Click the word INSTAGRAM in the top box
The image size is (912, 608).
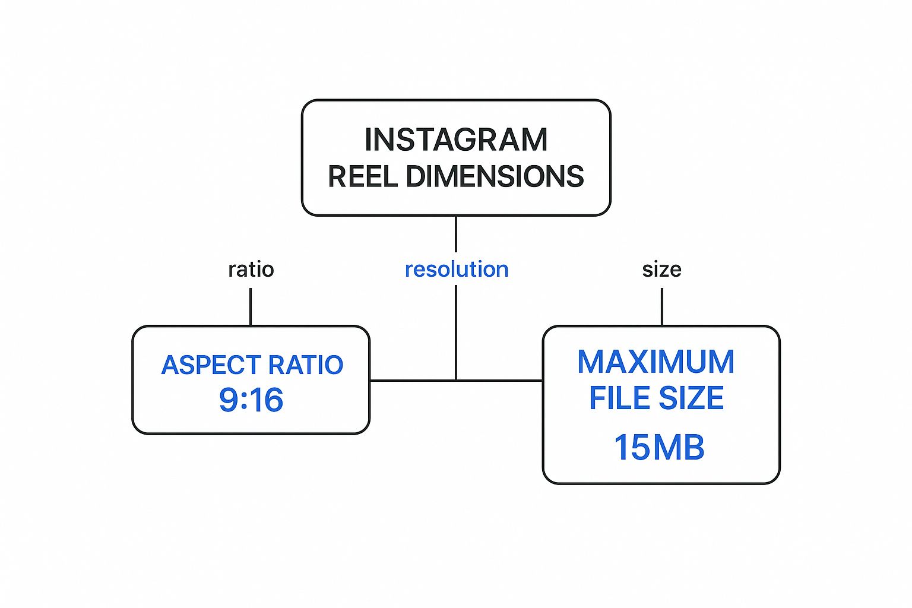(x=456, y=140)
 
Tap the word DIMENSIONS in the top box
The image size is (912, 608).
(x=495, y=176)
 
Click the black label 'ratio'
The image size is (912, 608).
(x=251, y=270)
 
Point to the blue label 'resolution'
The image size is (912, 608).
(x=456, y=270)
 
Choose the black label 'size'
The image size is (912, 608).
(x=661, y=270)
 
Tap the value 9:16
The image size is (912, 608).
(x=251, y=400)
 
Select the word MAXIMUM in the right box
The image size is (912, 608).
(x=655, y=362)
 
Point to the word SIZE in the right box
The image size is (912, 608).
(x=691, y=398)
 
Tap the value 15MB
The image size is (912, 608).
(x=659, y=447)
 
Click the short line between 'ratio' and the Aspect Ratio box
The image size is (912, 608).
(x=251, y=306)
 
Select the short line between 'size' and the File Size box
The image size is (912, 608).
(x=662, y=306)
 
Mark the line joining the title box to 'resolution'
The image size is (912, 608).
(x=456, y=234)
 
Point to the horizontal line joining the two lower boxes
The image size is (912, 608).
(x=410, y=381)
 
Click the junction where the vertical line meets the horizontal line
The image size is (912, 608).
(x=456, y=381)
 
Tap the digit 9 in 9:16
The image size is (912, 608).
(x=229, y=400)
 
